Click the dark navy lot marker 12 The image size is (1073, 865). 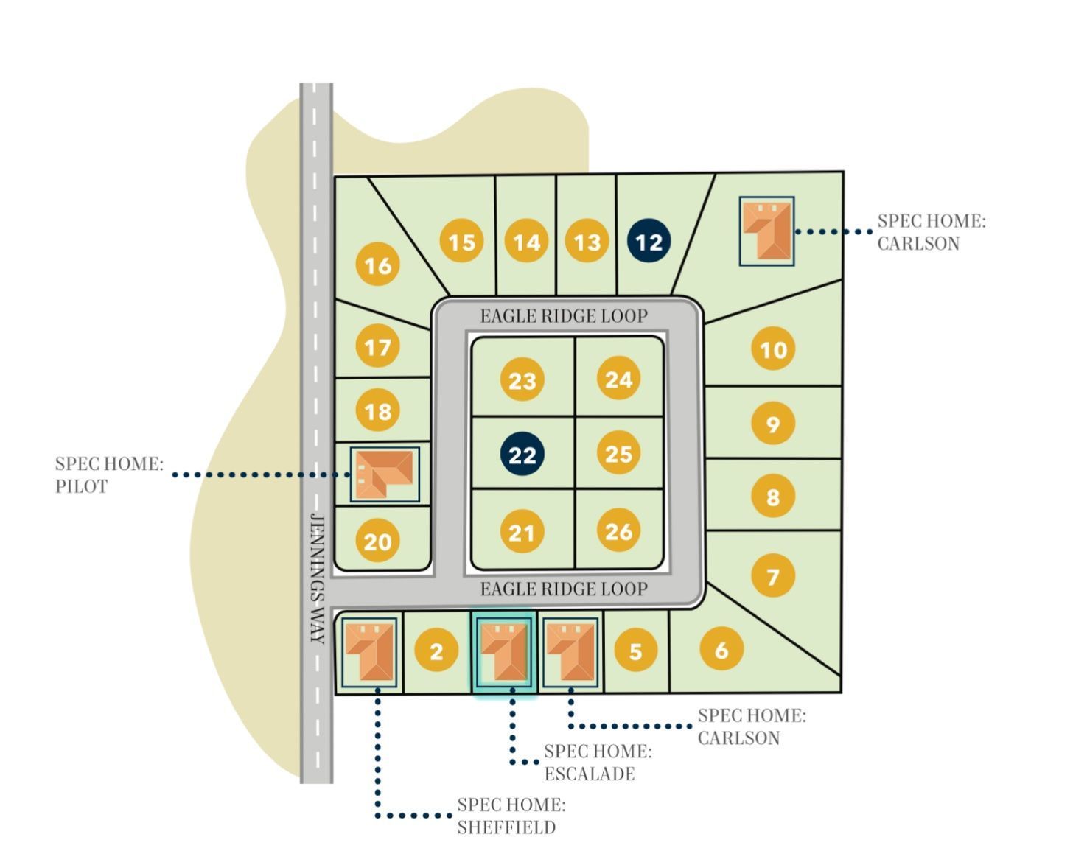pyautogui.click(x=649, y=242)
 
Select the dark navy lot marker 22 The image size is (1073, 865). pyautogui.click(x=522, y=454)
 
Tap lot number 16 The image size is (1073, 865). pyautogui.click(x=378, y=265)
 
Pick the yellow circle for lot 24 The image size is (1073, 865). pyautogui.click(x=618, y=379)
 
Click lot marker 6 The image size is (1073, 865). pyautogui.click(x=721, y=649)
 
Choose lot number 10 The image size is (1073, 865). pyautogui.click(x=773, y=349)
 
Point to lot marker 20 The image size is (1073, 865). pyautogui.click(x=378, y=542)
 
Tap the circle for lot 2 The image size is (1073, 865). pyautogui.click(x=436, y=651)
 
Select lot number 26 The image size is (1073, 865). pyautogui.click(x=618, y=530)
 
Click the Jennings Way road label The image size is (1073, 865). pyautogui.click(x=317, y=578)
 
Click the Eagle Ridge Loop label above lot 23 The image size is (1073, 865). pyautogui.click(x=564, y=316)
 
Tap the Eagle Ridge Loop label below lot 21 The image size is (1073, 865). pyautogui.click(x=564, y=589)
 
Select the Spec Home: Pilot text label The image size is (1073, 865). pyautogui.click(x=109, y=474)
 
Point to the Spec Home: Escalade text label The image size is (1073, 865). pyautogui.click(x=598, y=763)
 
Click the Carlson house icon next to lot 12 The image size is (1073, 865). pyautogui.click(x=767, y=231)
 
